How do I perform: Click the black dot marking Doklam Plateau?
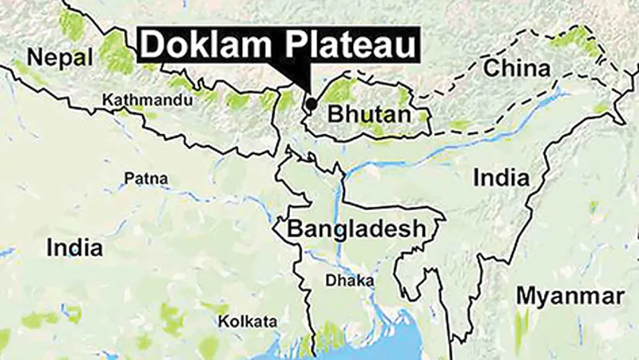click(x=311, y=103)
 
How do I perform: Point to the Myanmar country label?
click(x=569, y=296)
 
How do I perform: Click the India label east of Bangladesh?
click(x=501, y=176)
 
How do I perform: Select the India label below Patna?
click(x=74, y=247)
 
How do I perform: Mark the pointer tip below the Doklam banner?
click(x=308, y=95)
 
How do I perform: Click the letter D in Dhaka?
click(x=330, y=281)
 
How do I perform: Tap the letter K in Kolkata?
click(x=224, y=321)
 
